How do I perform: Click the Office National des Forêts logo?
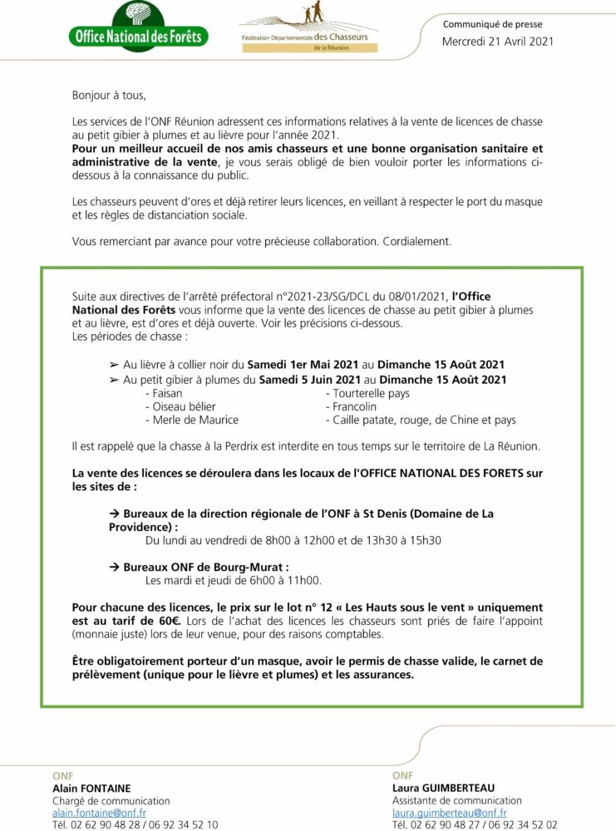coord(137,27)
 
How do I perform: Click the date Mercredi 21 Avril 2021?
coord(497,42)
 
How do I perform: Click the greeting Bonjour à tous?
coord(109,96)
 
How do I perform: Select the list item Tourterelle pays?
coord(372,393)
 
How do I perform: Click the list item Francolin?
coord(355,406)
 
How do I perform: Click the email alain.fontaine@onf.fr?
coord(99,813)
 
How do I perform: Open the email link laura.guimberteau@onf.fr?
coord(449,813)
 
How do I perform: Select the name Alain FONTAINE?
coord(91,788)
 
